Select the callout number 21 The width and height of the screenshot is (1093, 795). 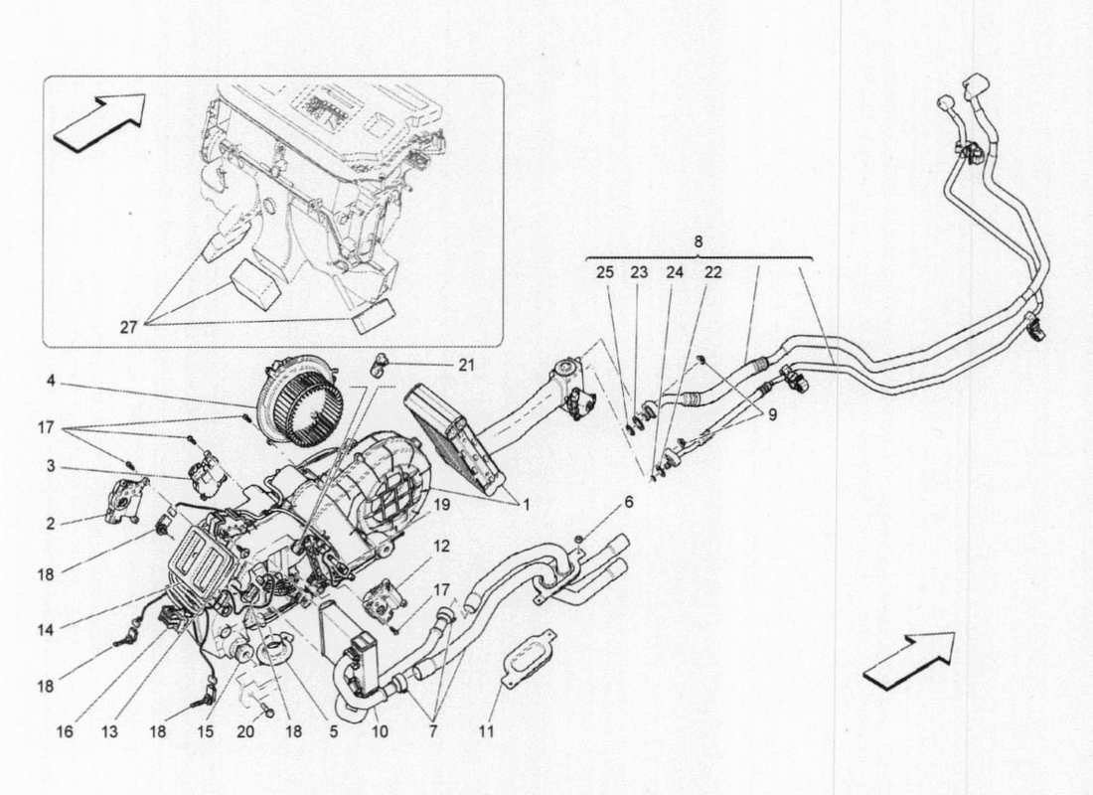(467, 366)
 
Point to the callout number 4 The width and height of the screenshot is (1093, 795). (50, 380)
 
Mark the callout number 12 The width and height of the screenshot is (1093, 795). (441, 546)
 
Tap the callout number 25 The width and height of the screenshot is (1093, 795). (605, 271)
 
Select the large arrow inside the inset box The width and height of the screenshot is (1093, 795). (99, 122)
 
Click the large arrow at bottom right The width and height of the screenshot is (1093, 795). (908, 658)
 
